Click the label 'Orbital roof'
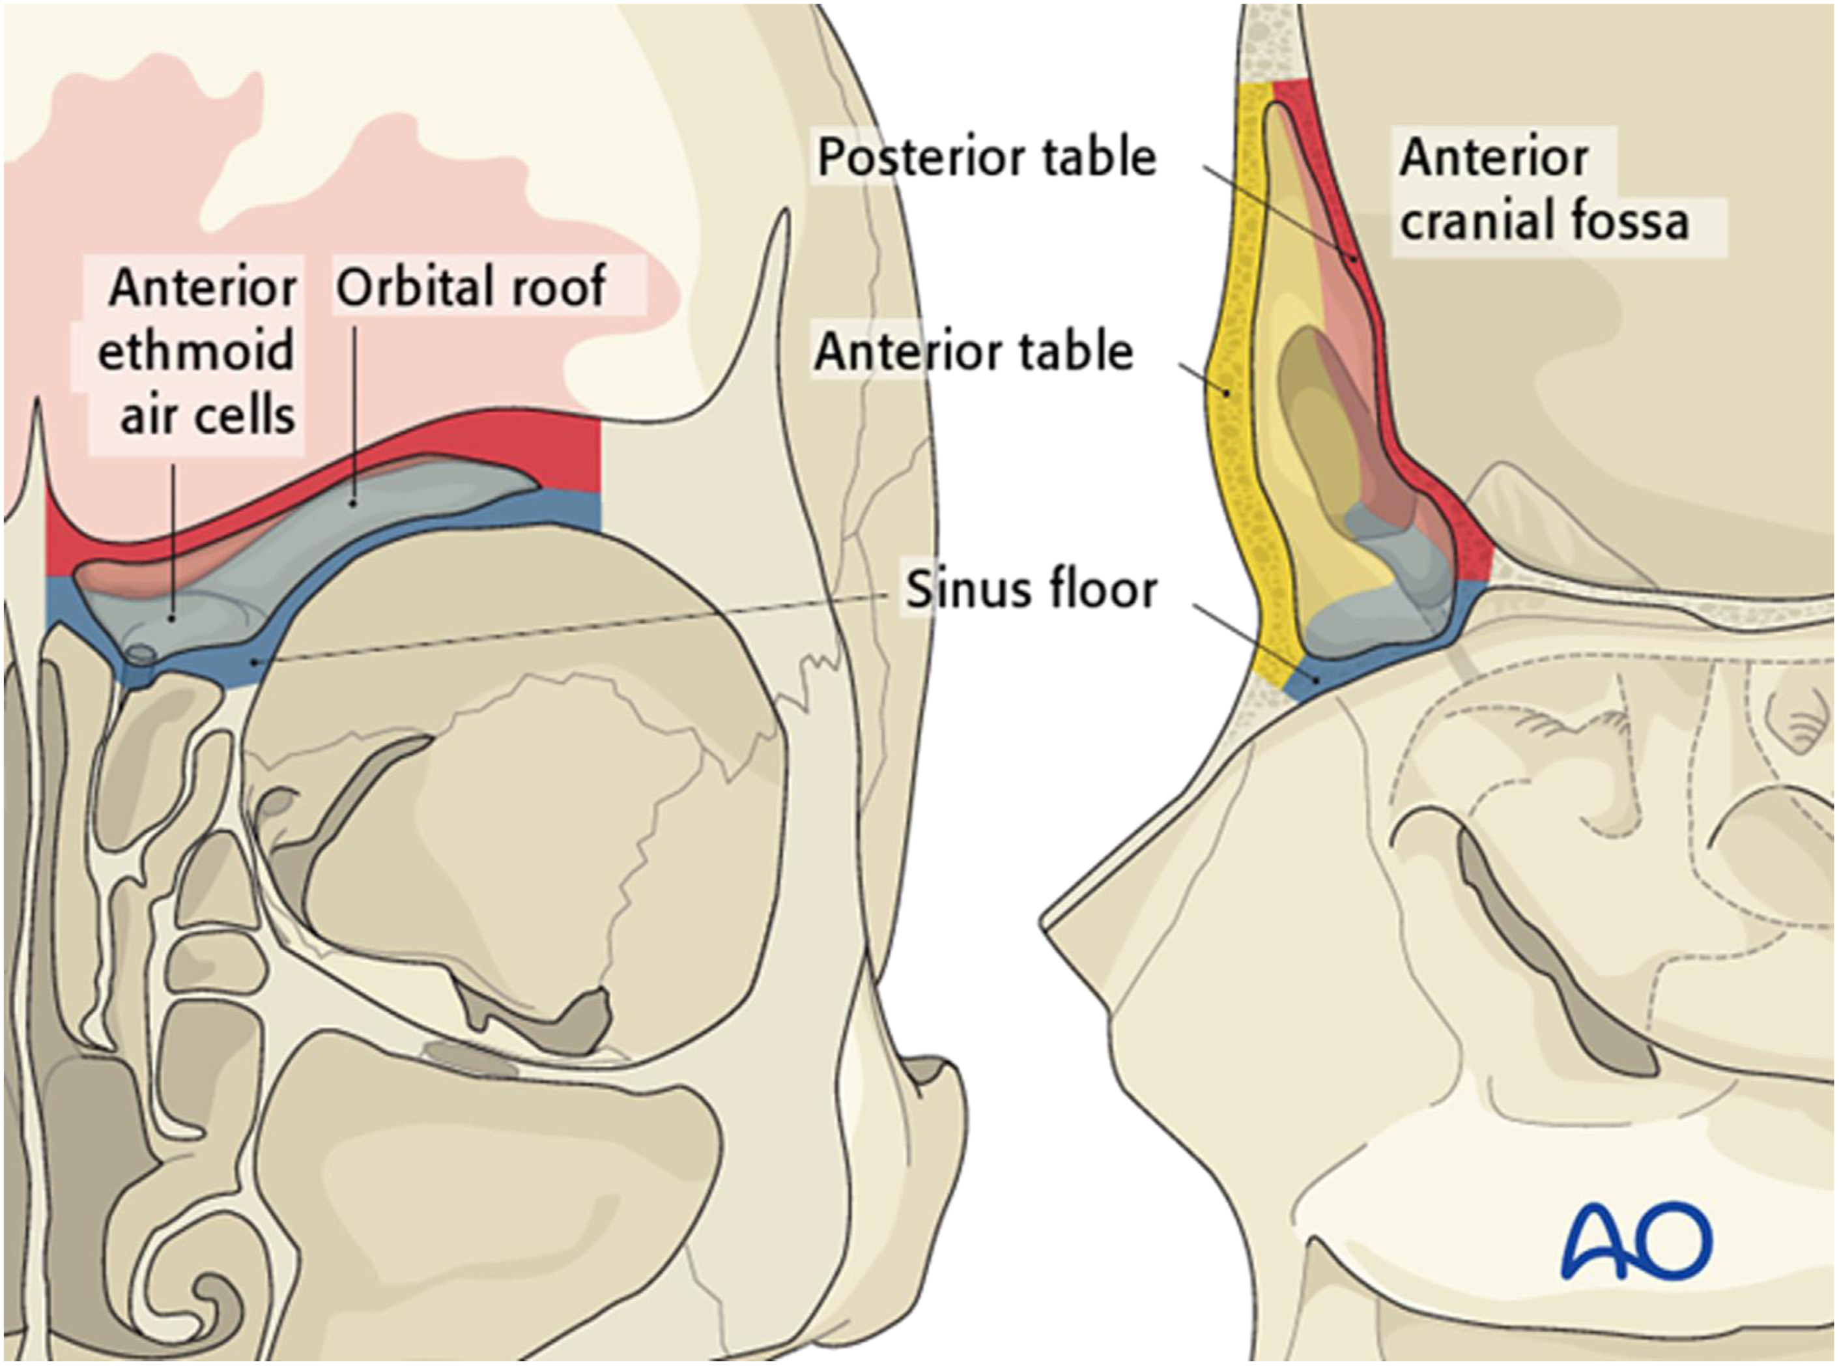pyautogui.click(x=470, y=287)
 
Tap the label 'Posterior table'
pyautogui.click(x=986, y=157)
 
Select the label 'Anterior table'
pyautogui.click(x=974, y=351)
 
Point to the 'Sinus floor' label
pyautogui.click(x=1031, y=590)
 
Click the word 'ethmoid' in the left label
pyautogui.click(x=196, y=351)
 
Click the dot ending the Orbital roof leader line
pyautogui.click(x=354, y=501)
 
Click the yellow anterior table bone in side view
pyautogui.click(x=1240, y=463)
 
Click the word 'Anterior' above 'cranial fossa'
pyautogui.click(x=1494, y=157)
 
